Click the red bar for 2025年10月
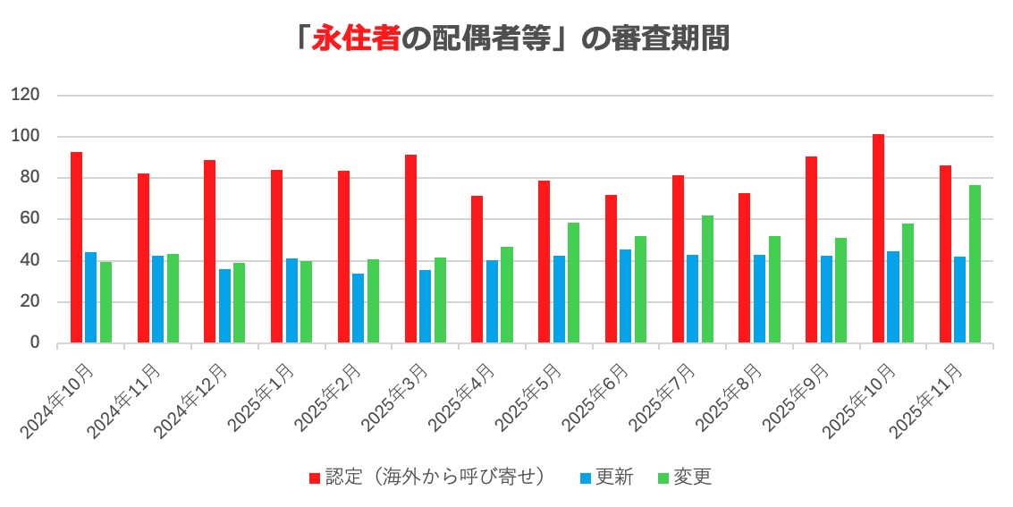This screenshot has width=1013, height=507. point(879,239)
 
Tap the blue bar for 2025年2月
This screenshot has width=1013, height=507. point(358,308)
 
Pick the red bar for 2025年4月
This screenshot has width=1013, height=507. point(477,269)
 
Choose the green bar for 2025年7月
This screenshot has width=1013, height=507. point(707,279)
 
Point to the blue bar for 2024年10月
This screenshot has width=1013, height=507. point(90,298)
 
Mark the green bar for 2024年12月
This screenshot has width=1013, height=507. point(239,303)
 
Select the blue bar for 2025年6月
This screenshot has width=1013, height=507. point(625,296)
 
